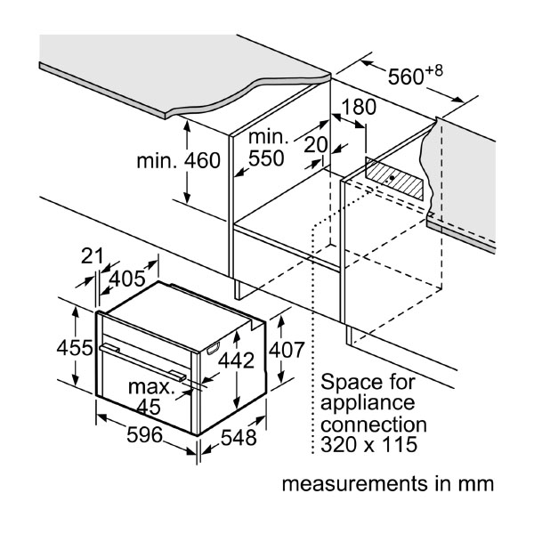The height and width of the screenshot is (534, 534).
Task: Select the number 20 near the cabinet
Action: (316, 145)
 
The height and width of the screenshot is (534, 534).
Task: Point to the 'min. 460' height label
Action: (177, 161)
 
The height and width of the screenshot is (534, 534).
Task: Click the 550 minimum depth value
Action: (266, 159)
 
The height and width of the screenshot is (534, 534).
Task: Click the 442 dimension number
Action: (236, 360)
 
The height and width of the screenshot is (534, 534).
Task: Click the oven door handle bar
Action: (142, 362)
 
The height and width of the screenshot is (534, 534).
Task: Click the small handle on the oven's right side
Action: (214, 351)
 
